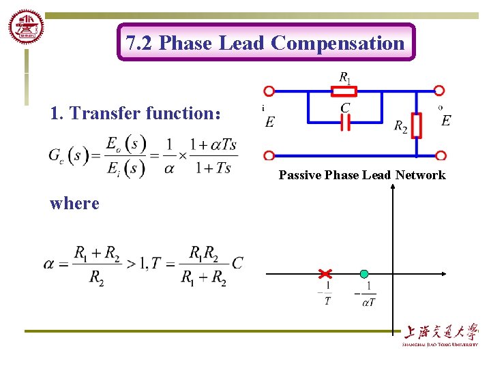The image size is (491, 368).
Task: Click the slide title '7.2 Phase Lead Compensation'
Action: [265, 43]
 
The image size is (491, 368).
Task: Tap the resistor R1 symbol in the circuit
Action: [348, 91]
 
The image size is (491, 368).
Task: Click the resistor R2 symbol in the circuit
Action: [417, 125]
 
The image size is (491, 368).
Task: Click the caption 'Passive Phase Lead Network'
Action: [361, 175]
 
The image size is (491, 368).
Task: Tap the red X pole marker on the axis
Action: [325, 274]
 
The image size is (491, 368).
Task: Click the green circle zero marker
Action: [364, 274]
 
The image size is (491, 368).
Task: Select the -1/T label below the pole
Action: [326, 294]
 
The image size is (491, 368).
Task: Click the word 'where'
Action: [74, 203]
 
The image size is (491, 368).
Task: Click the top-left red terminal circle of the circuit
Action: [269, 91]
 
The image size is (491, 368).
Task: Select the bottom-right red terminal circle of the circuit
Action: [441, 156]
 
